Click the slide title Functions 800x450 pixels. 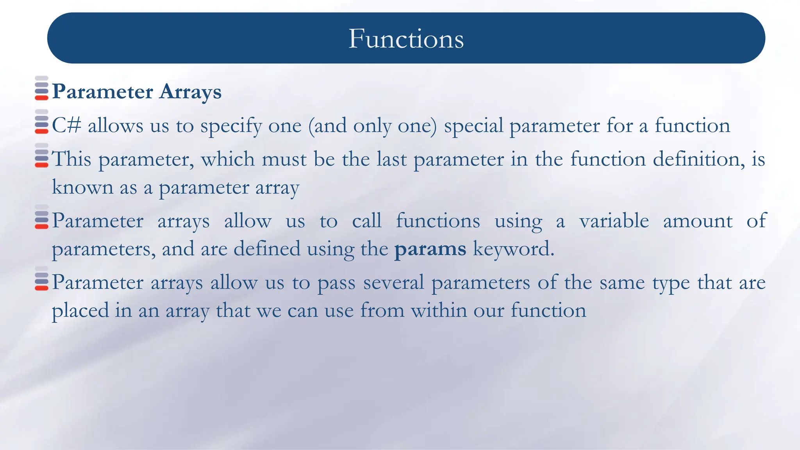pyautogui.click(x=406, y=39)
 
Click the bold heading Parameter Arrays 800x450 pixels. pyautogui.click(x=137, y=92)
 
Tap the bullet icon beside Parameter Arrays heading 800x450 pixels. pyautogui.click(x=41, y=88)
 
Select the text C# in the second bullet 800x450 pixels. pyautogui.click(x=66, y=126)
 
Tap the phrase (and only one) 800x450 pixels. pyautogui.click(x=372, y=126)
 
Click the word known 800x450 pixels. pyautogui.click(x=82, y=187)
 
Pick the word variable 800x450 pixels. pyautogui.click(x=614, y=221)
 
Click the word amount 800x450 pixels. pyautogui.click(x=698, y=221)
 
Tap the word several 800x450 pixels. pyautogui.click(x=393, y=282)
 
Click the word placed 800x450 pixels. pyautogui.click(x=80, y=311)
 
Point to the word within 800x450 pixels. pyautogui.click(x=439, y=311)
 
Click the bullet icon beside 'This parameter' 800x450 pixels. pyautogui.click(x=41, y=155)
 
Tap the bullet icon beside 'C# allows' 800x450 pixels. pyautogui.click(x=41, y=122)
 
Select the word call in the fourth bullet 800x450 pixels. pyautogui.click(x=366, y=221)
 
